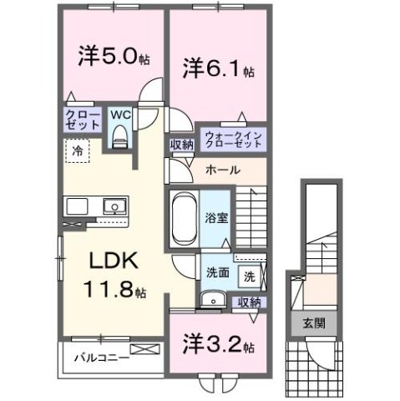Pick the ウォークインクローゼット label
pyautogui.click(x=233, y=138)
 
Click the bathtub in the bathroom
pyautogui.click(x=183, y=216)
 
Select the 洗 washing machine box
pyautogui.click(x=249, y=275)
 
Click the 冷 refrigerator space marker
pyautogui.click(x=76, y=154)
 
